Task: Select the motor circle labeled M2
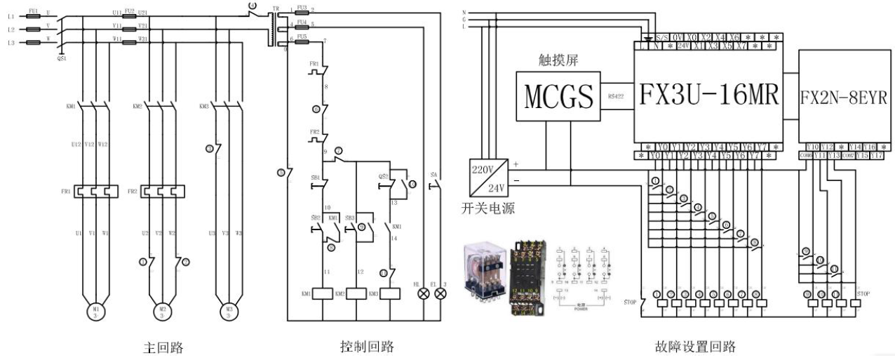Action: coord(162,310)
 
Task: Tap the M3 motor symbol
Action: coord(228,310)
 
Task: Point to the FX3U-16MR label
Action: coord(709,95)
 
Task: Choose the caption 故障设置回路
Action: coord(692,346)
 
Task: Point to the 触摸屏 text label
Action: coord(554,60)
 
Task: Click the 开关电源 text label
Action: coord(485,207)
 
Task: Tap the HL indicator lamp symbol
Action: coord(424,294)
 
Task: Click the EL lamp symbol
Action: coord(440,294)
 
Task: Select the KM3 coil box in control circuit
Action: coord(389,294)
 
